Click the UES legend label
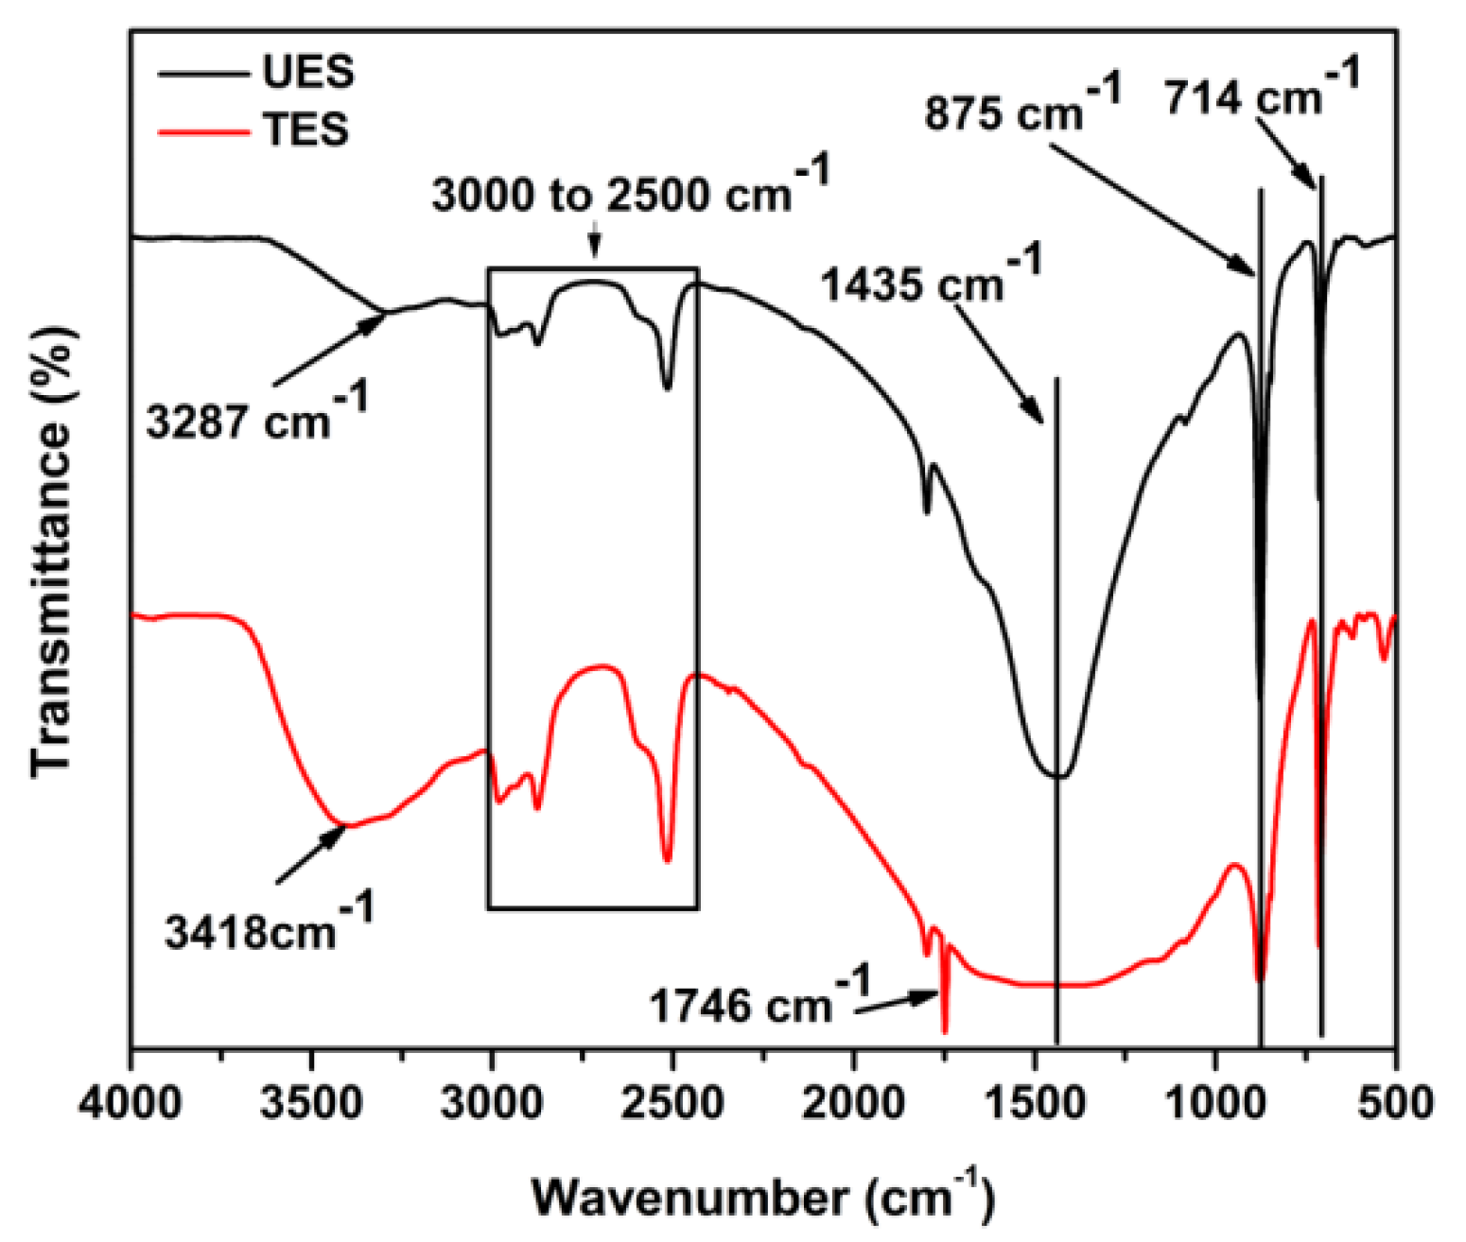click(308, 73)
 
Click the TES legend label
click(305, 129)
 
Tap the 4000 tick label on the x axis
click(131, 1103)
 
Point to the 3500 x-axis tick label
click(311, 1103)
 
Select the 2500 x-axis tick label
click(672, 1103)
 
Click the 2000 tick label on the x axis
click(853, 1103)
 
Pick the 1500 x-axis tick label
click(1035, 1103)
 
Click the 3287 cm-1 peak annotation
click(256, 414)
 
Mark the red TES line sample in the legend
click(203, 130)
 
